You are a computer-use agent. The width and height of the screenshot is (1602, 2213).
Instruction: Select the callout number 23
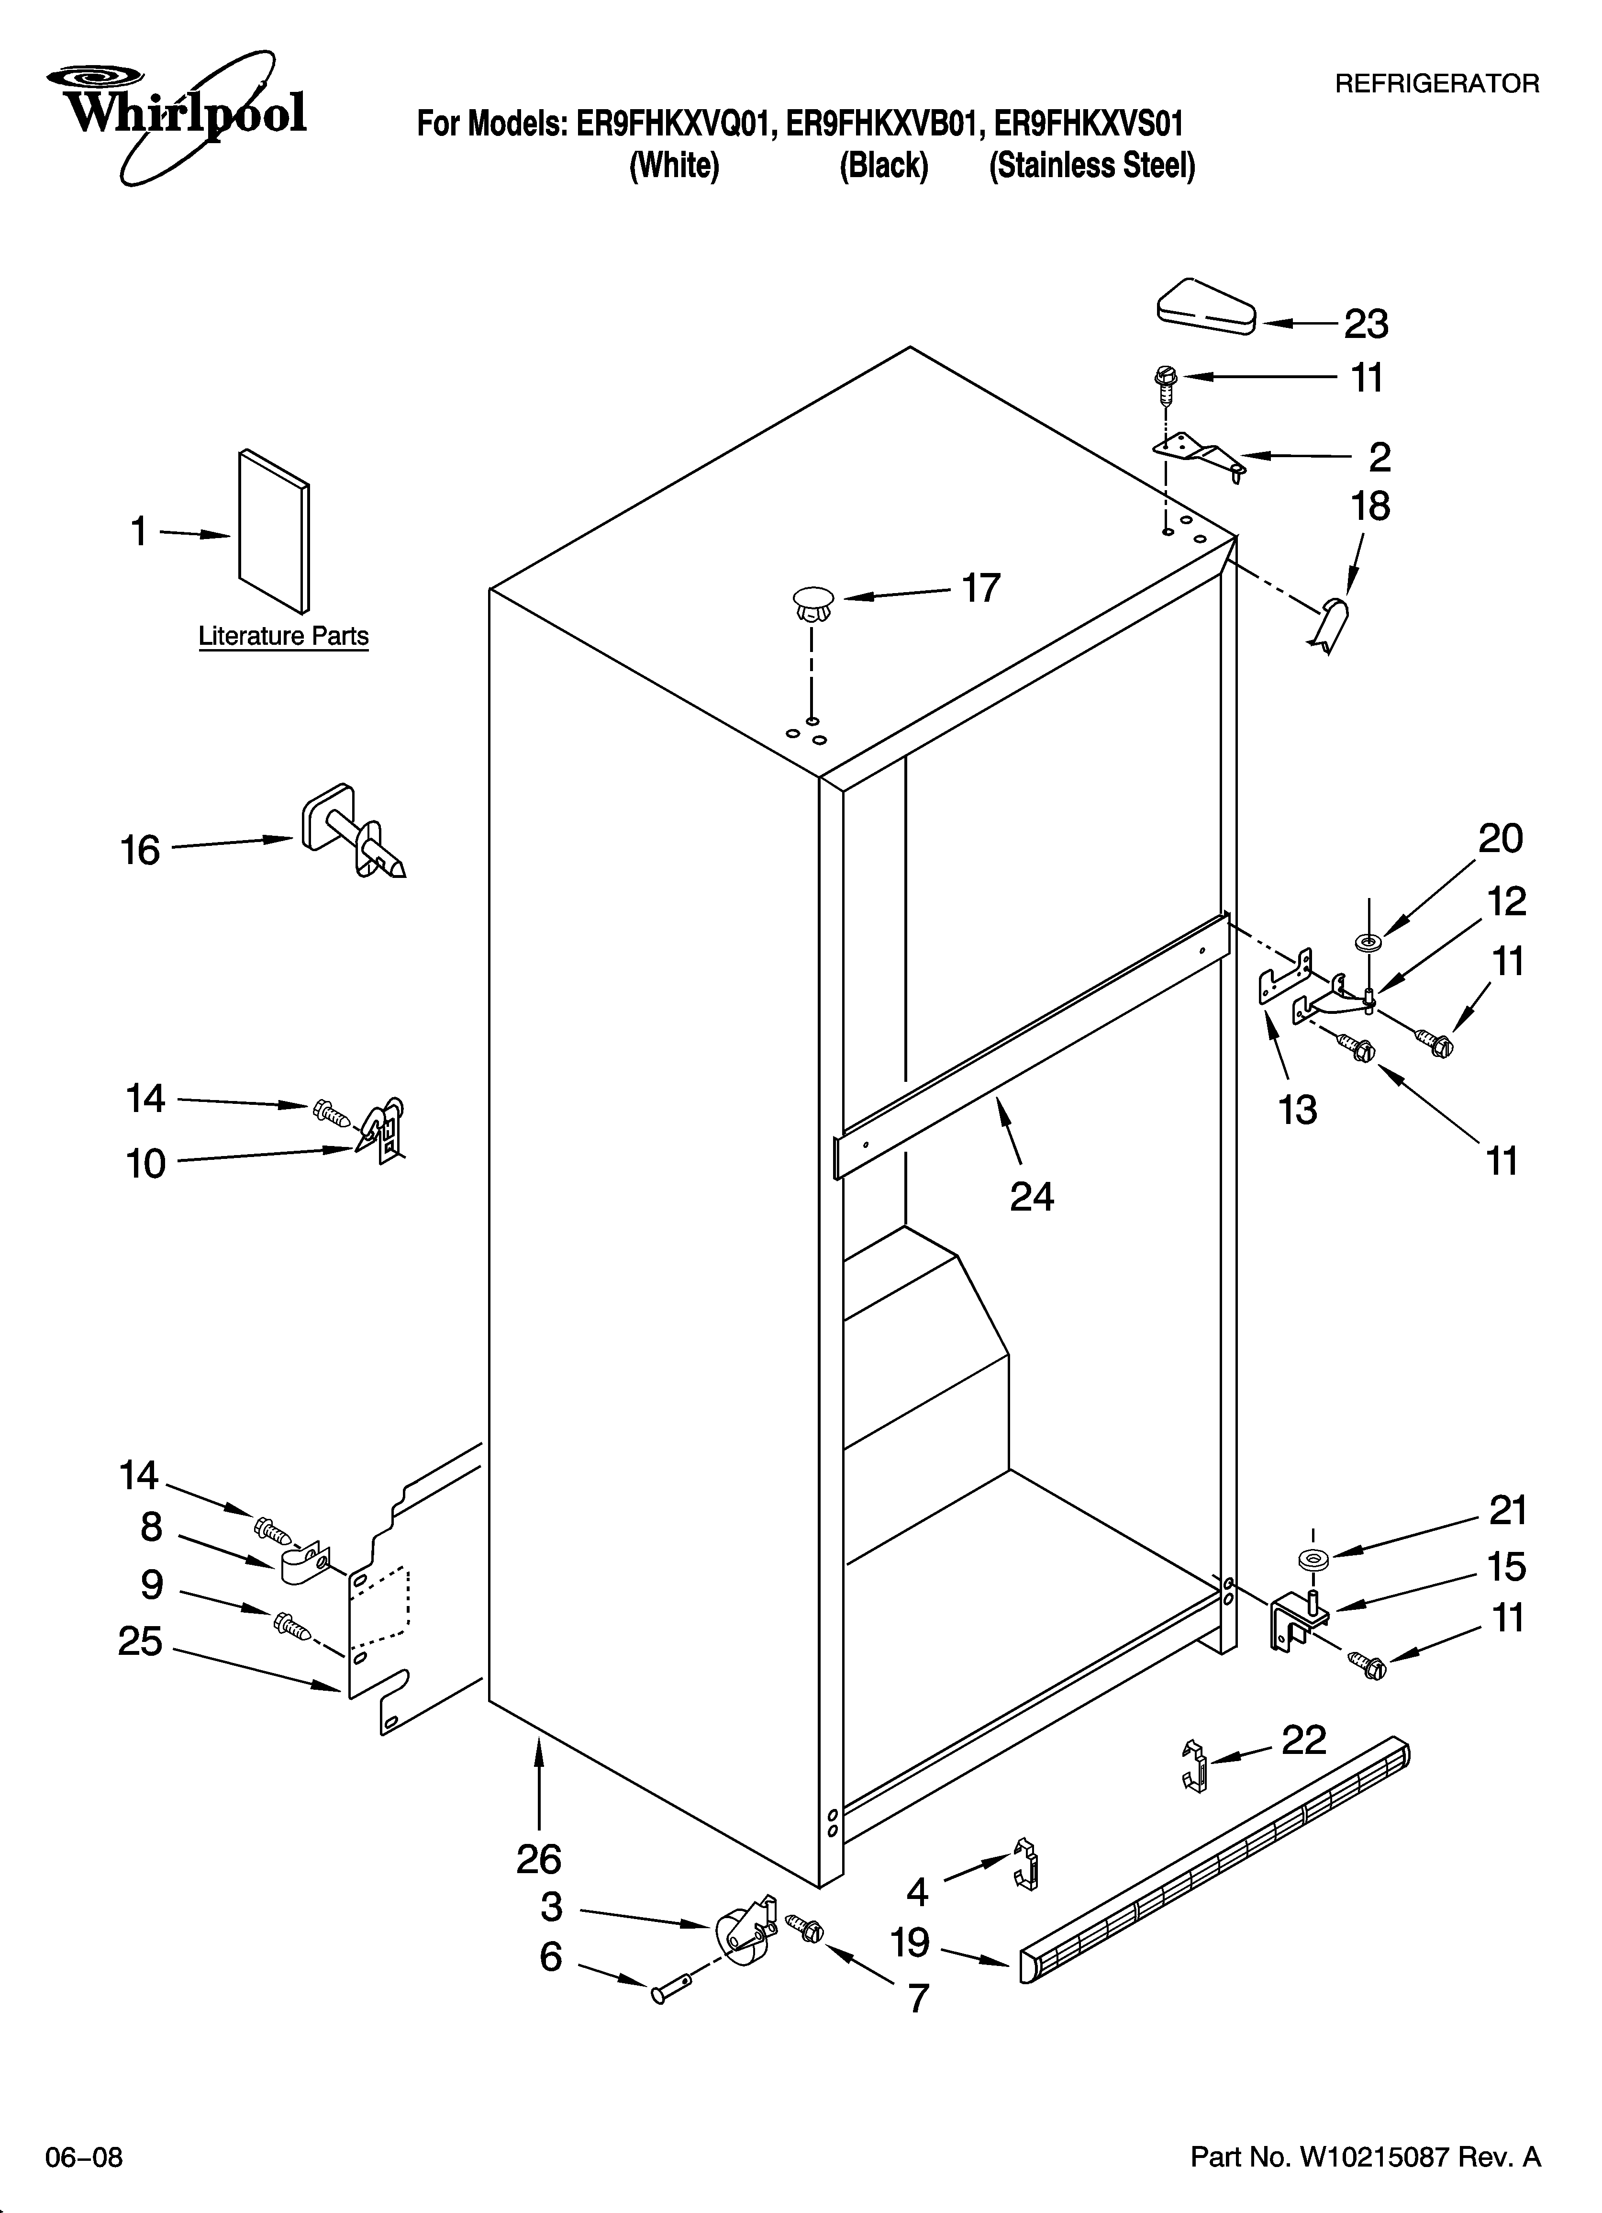1366,324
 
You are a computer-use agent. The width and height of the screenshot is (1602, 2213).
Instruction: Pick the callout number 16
141,851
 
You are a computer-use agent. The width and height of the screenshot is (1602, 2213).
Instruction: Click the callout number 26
539,1860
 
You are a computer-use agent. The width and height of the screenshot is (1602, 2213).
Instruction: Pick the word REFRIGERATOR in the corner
1436,84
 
